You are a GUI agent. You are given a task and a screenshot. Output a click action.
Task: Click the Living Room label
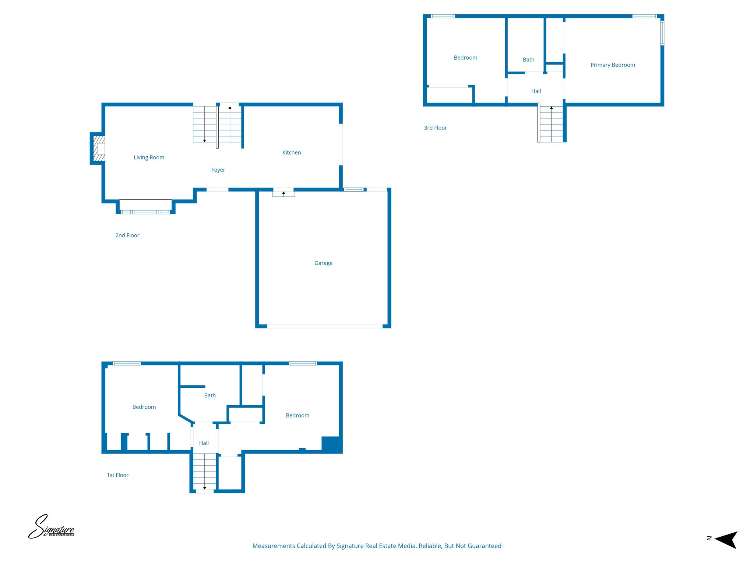coord(149,157)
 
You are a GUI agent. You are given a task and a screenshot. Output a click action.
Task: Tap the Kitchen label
coord(291,153)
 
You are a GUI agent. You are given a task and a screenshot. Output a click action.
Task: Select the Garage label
coord(323,263)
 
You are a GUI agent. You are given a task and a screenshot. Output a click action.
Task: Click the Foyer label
coord(218,170)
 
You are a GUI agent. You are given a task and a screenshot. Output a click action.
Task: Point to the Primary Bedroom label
coord(613,65)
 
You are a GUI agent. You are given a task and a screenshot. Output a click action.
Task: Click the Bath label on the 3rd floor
coord(528,60)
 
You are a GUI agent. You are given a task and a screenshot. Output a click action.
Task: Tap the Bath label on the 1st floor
coord(210,395)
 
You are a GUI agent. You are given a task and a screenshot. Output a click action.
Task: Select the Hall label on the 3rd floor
coord(536,91)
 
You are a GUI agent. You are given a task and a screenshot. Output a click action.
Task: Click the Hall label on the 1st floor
coord(204,443)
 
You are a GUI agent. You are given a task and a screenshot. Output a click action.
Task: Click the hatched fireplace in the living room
coord(99,148)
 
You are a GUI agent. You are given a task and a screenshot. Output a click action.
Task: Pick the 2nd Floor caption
coord(127,235)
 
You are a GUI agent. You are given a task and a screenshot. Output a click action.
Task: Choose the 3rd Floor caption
coord(435,128)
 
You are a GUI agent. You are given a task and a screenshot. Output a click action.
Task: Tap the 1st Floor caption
coord(117,475)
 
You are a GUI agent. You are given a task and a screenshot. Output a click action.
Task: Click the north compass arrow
coord(726,540)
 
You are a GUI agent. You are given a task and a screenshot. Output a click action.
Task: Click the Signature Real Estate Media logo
coord(52,527)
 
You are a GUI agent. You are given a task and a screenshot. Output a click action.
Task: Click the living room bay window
coord(145,212)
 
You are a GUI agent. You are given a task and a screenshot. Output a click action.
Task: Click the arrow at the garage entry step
coord(283,193)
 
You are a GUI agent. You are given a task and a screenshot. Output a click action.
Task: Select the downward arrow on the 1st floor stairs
coord(205,488)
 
